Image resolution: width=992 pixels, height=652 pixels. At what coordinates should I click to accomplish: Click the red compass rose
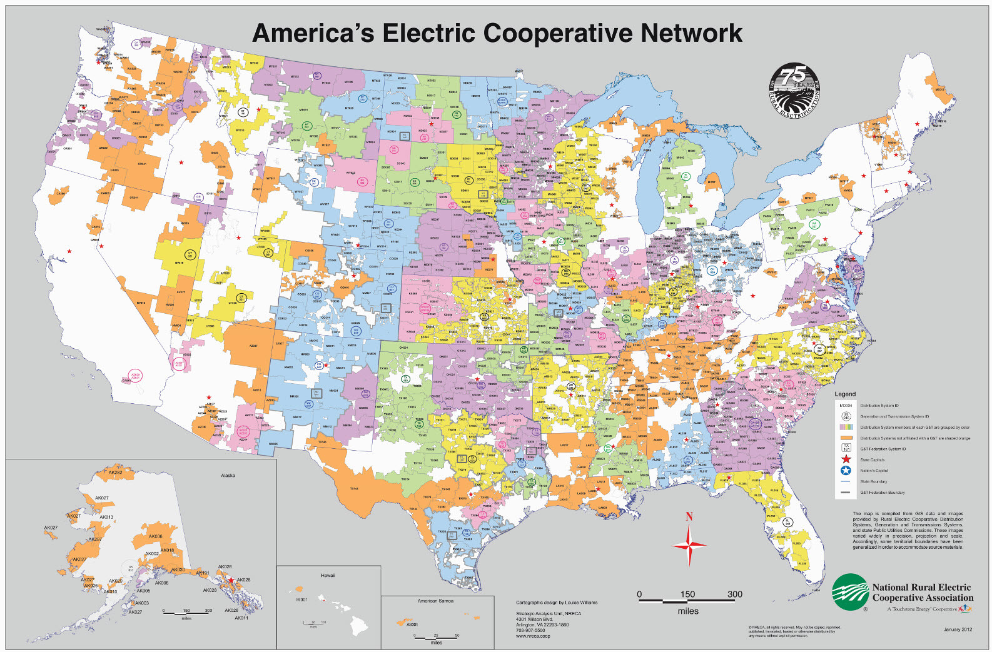689,545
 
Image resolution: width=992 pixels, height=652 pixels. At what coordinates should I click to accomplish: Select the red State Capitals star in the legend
846,459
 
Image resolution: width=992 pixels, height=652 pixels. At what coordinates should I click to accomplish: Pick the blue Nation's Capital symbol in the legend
846,471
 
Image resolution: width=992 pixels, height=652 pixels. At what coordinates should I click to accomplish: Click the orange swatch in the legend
846,438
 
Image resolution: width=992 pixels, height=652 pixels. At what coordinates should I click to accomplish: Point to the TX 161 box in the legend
846,448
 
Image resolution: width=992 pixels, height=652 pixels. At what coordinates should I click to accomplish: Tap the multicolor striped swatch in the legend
846,427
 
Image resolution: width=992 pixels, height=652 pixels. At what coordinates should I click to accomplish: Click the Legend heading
845,394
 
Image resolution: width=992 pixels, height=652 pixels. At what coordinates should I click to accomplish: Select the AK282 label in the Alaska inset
116,473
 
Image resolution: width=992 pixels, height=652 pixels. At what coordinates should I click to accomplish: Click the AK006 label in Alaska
155,536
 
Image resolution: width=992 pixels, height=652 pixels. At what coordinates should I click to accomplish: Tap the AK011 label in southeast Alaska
241,618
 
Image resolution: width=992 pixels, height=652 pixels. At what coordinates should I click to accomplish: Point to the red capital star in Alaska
231,581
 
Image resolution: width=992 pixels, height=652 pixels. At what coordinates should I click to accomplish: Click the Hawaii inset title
328,575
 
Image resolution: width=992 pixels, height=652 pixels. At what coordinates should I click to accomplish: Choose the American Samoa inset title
435,601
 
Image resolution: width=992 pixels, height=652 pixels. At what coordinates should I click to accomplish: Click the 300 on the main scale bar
734,594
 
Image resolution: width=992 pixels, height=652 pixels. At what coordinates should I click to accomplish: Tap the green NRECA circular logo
850,592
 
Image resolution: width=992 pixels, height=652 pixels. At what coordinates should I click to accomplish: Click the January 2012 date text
958,629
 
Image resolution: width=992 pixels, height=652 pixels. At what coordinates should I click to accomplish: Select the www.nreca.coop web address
533,636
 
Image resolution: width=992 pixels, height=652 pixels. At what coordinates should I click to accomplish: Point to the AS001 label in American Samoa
412,624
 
